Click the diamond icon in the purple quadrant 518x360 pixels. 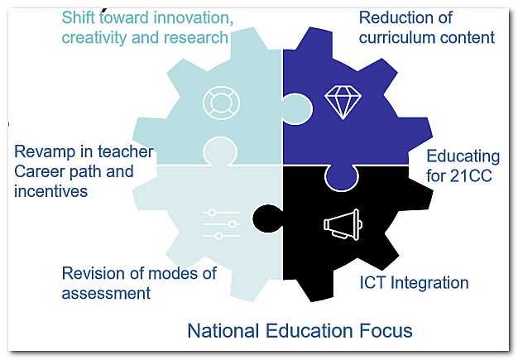[338, 102]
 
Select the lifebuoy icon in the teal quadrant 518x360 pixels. [221, 102]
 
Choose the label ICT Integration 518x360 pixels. [414, 283]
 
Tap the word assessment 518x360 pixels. [106, 293]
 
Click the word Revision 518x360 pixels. [93, 274]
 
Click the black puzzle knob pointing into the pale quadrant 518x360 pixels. [262, 218]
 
